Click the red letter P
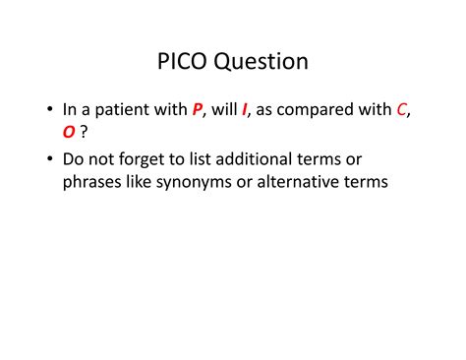tap(198, 111)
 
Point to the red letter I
tap(245, 111)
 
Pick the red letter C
tap(402, 111)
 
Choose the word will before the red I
tap(225, 111)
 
